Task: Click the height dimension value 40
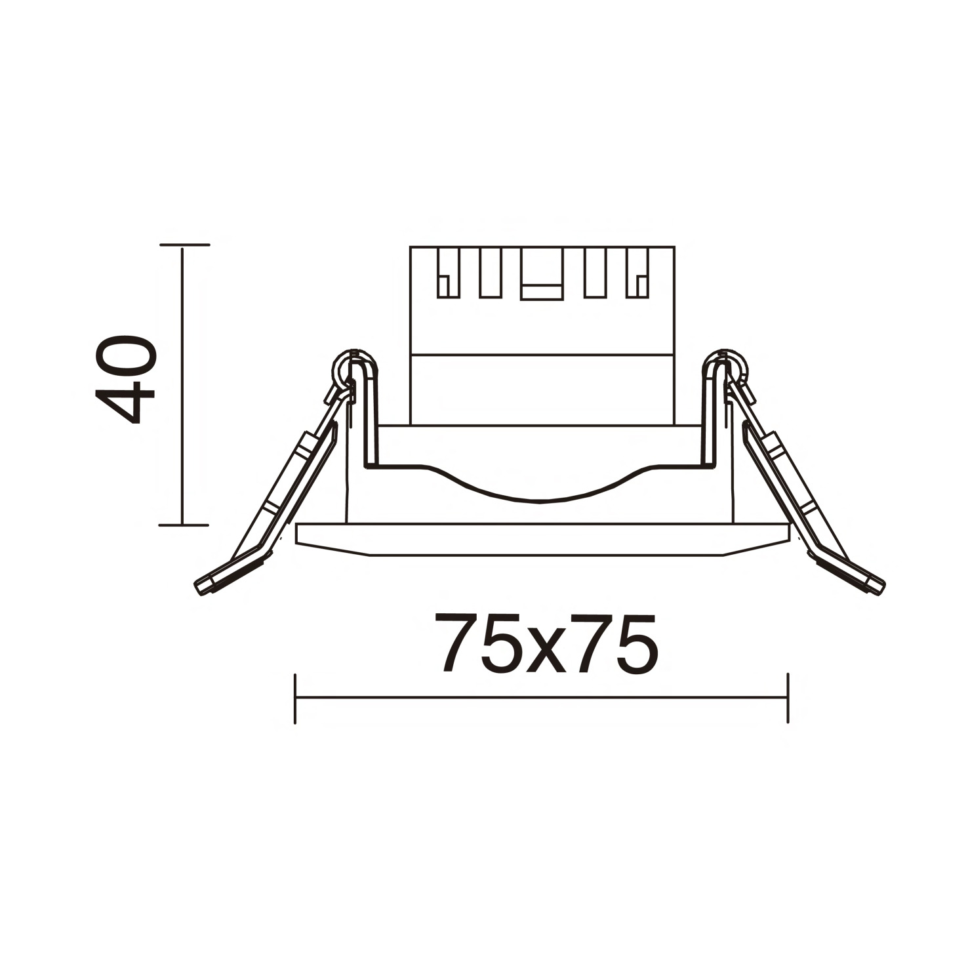point(126,380)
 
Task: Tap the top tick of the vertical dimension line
point(184,245)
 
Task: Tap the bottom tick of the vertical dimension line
point(184,525)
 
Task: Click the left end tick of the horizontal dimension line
point(296,698)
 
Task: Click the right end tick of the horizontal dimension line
point(787,698)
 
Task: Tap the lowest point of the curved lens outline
point(539,502)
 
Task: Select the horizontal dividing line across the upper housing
point(542,355)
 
